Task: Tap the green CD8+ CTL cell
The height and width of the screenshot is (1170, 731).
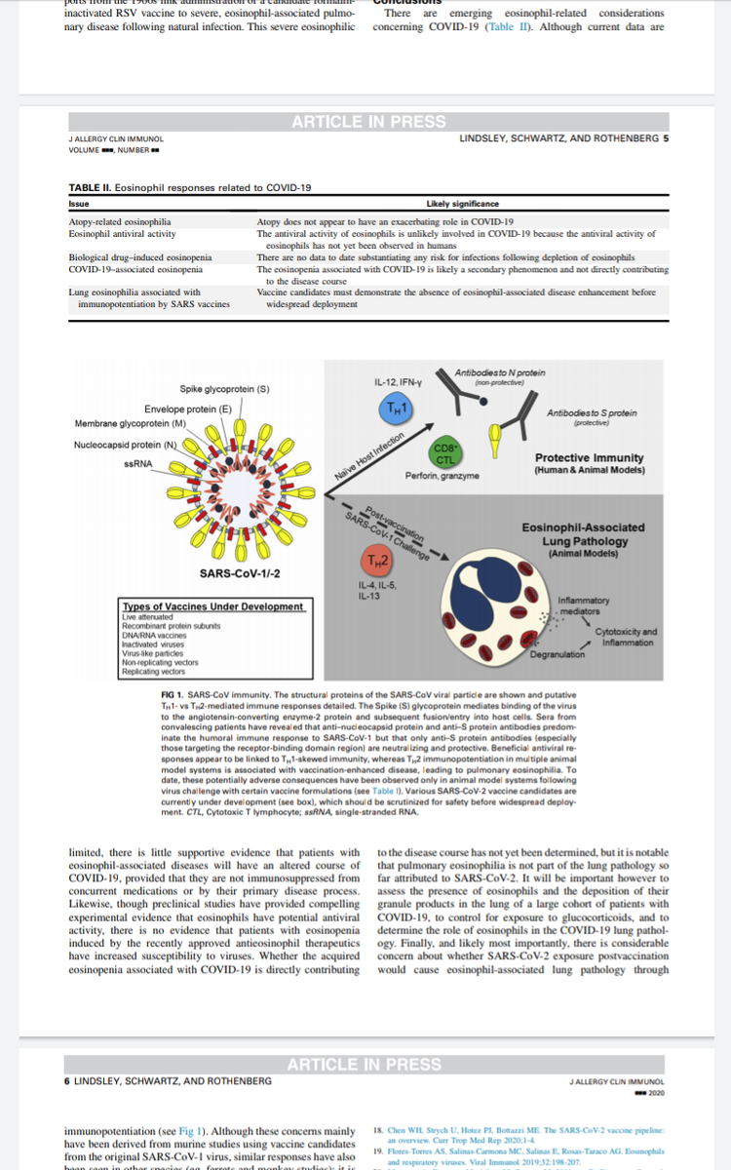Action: pos(443,454)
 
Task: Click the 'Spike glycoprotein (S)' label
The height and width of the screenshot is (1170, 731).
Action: pos(224,389)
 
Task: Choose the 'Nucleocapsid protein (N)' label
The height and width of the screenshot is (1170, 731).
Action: pos(125,446)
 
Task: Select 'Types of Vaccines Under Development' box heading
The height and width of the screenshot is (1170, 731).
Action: pos(212,606)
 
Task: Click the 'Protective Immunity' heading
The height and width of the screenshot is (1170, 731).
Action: pos(589,457)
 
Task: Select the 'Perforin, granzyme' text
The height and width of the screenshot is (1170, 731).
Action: pos(442,476)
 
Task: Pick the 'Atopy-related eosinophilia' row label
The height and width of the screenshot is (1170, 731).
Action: pos(115,222)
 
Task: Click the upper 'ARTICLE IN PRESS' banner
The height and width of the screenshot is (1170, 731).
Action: pos(368,122)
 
